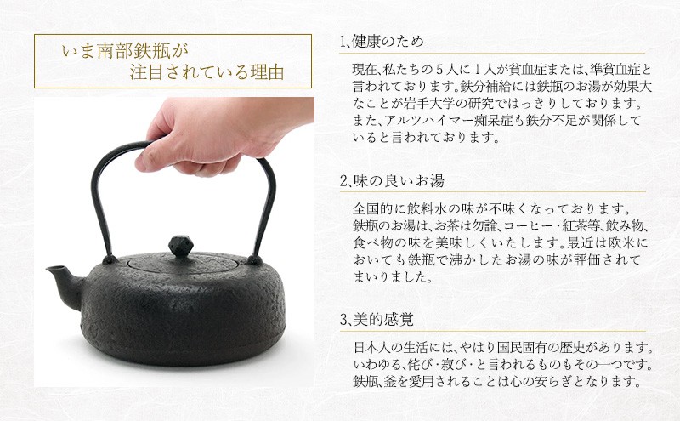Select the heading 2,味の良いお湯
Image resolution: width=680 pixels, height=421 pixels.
point(390,180)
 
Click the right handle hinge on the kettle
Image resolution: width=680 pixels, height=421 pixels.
point(254,256)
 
